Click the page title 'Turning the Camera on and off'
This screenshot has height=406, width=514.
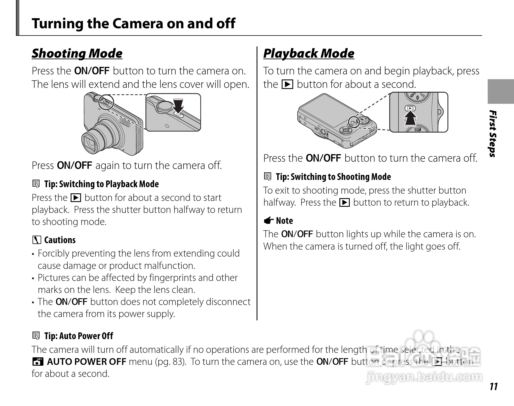coord(133,23)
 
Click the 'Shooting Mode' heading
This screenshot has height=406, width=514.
coord(77,53)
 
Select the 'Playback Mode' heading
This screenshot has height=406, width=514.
coord(309,53)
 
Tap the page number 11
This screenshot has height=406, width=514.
coord(494,386)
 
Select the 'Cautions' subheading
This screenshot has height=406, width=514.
coord(60,240)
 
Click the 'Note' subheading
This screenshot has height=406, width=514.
coord(284,221)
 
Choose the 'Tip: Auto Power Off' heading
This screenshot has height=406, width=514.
coord(79,336)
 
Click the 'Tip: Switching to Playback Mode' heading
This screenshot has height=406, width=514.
coord(102,184)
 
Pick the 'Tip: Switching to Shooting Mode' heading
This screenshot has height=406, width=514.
coord(333,177)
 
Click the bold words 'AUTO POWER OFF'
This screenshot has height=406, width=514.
coord(86,362)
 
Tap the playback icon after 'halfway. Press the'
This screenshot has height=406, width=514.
coord(344,202)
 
